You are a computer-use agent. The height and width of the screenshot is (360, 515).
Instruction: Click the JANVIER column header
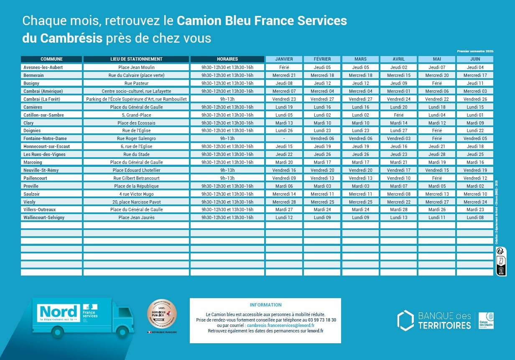pyautogui.click(x=284, y=59)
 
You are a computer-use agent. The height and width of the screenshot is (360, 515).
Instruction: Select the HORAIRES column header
pyautogui.click(x=227, y=59)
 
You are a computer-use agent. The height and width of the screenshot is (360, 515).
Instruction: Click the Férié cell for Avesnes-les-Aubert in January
pyautogui.click(x=284, y=67)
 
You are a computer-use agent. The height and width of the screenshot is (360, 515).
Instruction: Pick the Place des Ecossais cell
pyautogui.click(x=136, y=123)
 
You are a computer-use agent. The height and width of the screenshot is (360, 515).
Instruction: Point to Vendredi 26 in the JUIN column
pyautogui.click(x=475, y=99)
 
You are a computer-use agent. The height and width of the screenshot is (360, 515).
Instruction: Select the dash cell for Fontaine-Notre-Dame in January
pyautogui.click(x=284, y=138)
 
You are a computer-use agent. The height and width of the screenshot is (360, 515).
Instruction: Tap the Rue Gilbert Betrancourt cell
pyautogui.click(x=136, y=178)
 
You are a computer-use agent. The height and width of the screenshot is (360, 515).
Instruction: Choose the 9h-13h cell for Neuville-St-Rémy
pyautogui.click(x=227, y=170)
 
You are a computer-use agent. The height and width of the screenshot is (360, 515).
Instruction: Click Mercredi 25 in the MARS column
pyautogui.click(x=360, y=202)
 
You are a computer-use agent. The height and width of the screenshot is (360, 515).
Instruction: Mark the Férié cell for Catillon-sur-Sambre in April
pyautogui.click(x=398, y=115)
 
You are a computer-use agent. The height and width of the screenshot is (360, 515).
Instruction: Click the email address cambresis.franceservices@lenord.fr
pyautogui.click(x=280, y=325)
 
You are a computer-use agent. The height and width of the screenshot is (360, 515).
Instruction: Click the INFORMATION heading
pyautogui.click(x=265, y=305)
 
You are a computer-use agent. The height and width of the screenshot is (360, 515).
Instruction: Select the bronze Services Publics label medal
pyautogui.click(x=162, y=314)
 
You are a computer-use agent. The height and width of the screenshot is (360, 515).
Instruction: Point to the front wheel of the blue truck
pyautogui.click(x=122, y=332)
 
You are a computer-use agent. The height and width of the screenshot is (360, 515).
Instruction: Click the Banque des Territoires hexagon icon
pyautogui.click(x=405, y=320)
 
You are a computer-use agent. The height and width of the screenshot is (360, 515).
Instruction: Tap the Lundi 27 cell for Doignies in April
pyautogui.click(x=398, y=130)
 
